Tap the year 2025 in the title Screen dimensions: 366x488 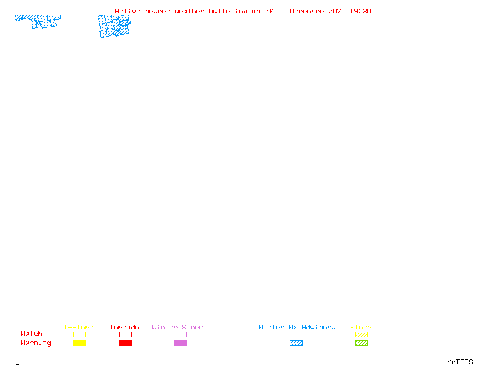click(x=337, y=11)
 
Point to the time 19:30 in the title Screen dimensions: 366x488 click(x=361, y=11)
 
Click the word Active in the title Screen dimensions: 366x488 click(x=127, y=11)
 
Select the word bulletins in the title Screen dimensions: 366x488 click(x=228, y=11)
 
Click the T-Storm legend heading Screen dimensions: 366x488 click(x=79, y=328)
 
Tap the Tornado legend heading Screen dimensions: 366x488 click(x=124, y=328)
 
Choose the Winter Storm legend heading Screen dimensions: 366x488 click(x=178, y=328)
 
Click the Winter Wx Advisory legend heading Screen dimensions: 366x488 click(x=297, y=328)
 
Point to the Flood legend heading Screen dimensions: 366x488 click(x=361, y=328)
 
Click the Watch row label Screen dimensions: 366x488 click(x=32, y=334)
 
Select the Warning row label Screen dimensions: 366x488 click(x=36, y=343)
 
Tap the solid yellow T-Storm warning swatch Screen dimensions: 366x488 click(x=79, y=343)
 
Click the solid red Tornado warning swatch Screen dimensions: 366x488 click(x=125, y=343)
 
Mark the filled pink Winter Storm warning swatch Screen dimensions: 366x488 click(x=180, y=343)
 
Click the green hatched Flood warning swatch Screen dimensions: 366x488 click(x=361, y=343)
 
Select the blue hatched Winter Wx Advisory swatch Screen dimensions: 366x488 click(x=296, y=343)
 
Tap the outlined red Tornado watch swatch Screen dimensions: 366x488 click(x=125, y=335)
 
